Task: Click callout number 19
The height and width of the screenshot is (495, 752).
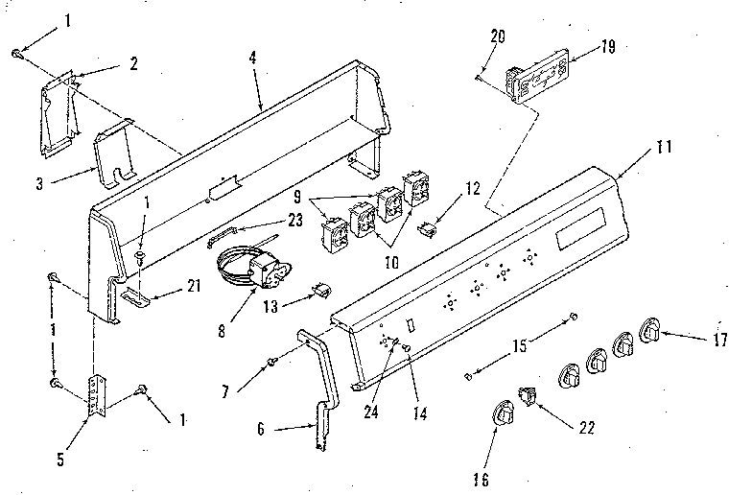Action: click(582, 45)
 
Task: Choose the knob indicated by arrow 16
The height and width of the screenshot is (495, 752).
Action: click(504, 413)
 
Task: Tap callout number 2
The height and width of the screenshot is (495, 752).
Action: click(132, 63)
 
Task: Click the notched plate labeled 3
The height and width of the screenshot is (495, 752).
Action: click(113, 152)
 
